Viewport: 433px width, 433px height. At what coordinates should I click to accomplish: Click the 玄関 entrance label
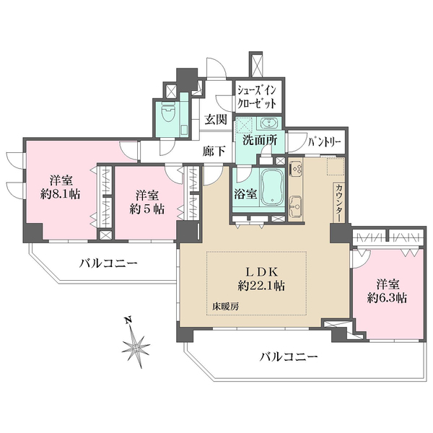214,121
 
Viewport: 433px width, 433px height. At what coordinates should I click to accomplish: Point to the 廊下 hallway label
214,152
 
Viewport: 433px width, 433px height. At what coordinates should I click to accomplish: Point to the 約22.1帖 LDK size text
257,286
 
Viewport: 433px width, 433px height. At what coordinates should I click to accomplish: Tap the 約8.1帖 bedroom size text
64,194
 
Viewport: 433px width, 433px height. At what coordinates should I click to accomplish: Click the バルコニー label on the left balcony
108,263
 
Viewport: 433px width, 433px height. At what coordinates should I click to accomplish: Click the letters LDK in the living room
258,271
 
